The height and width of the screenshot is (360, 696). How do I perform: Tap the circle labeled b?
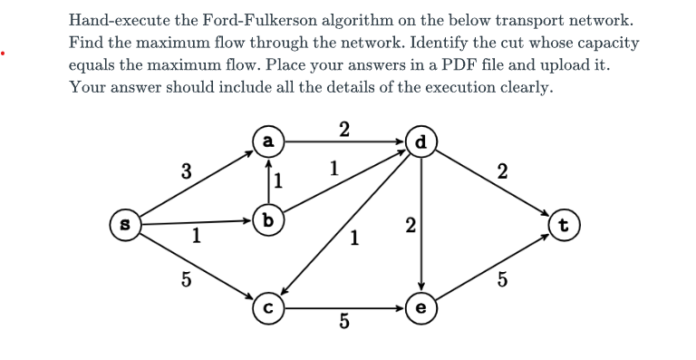[x=267, y=219]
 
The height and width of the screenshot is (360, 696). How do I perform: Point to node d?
[x=420, y=141]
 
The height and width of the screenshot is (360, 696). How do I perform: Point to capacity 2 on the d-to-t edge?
[x=504, y=170]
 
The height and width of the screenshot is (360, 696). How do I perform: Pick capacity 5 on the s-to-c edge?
[x=185, y=279]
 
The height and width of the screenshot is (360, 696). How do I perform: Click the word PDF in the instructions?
[x=475, y=65]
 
